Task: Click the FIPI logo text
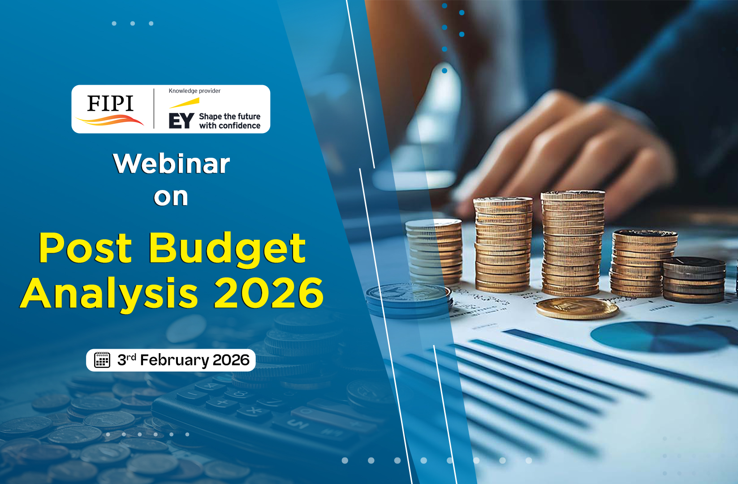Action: coord(110,103)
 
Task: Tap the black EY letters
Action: coord(181,121)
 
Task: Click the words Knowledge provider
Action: coord(194,91)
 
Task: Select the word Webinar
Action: coord(171,163)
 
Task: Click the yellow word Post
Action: coord(86,248)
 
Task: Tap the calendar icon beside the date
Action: coord(102,359)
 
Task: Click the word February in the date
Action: coord(175,360)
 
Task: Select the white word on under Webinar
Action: coord(171,197)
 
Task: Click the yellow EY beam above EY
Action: coord(184,103)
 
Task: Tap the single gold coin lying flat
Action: coord(577,308)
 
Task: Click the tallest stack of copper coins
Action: coord(573,243)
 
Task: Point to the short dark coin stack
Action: coord(694,280)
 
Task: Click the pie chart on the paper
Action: coord(659,337)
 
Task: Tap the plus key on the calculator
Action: coord(222,403)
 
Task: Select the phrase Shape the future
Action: coord(229,117)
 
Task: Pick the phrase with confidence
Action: coord(229,125)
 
